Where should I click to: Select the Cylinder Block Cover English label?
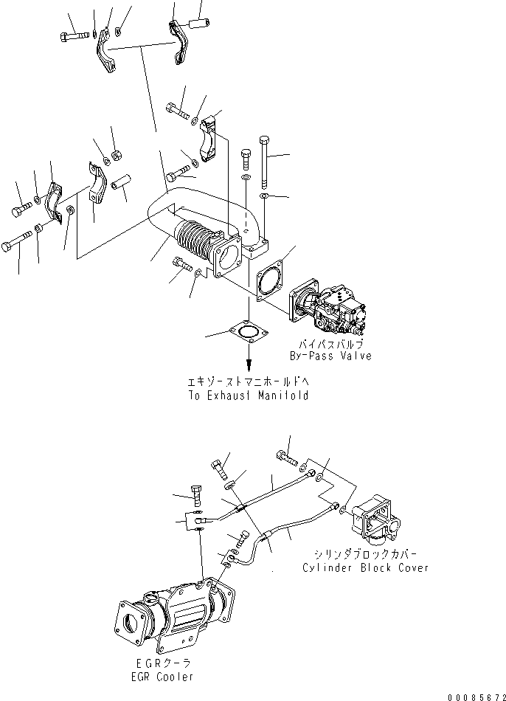coord(365,568)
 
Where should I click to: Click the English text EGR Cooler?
coord(159,677)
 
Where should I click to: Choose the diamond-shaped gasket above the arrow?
coord(248,335)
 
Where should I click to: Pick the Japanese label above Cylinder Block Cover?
coord(365,556)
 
